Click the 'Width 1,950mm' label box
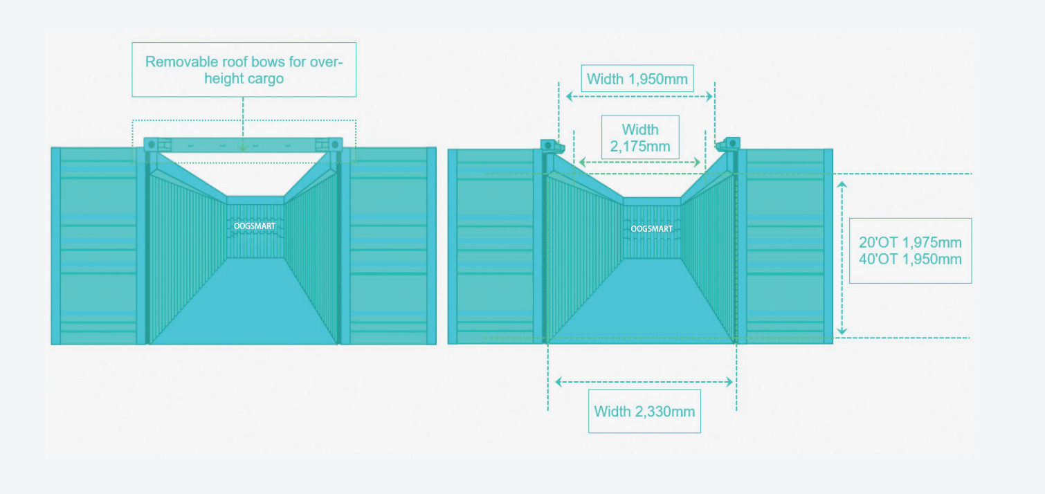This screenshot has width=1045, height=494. (637, 79)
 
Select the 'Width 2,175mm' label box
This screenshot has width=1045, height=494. (640, 138)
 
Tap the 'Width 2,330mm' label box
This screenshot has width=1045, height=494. (644, 412)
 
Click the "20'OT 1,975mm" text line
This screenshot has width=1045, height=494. (910, 243)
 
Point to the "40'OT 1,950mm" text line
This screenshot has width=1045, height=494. (910, 259)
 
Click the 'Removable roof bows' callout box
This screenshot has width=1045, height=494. (244, 70)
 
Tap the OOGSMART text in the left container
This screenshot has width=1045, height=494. (255, 226)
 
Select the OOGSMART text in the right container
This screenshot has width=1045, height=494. (651, 229)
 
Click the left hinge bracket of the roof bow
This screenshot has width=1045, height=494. (158, 145)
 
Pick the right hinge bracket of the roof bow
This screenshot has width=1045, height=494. (329, 145)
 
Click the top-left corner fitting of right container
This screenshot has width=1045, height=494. (552, 145)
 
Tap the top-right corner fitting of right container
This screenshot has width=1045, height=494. (729, 145)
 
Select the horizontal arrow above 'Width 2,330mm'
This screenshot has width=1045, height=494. (644, 381)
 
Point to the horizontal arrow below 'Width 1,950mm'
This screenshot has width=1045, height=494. (639, 97)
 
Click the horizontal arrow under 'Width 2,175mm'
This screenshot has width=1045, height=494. (640, 162)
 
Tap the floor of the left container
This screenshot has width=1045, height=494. (244, 304)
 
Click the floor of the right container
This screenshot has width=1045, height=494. (641, 304)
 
